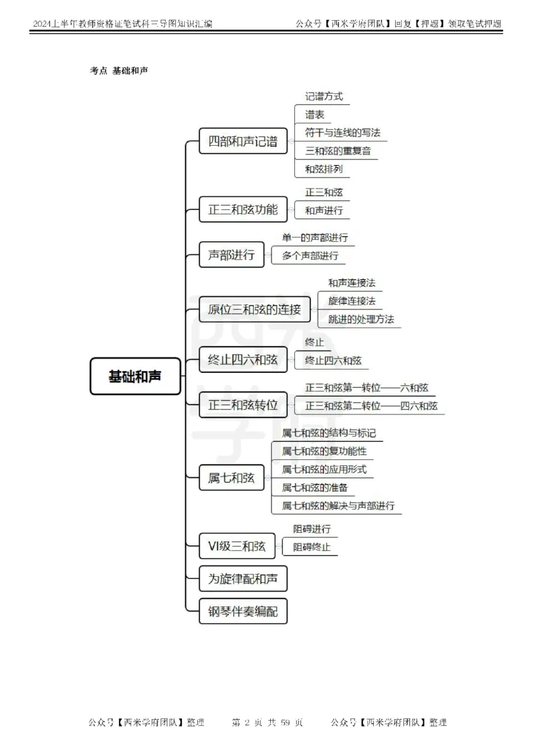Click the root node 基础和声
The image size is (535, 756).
(x=135, y=376)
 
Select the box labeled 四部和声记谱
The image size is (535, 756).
(x=243, y=141)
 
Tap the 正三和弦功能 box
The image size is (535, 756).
(x=243, y=209)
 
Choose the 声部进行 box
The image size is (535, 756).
(x=231, y=255)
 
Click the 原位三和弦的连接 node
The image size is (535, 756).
(x=255, y=309)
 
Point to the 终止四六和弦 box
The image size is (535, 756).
(x=243, y=359)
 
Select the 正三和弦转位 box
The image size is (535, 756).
(x=243, y=404)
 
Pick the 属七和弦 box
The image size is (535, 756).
(x=231, y=477)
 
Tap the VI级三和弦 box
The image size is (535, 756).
(x=237, y=546)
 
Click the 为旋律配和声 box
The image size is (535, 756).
(x=243, y=579)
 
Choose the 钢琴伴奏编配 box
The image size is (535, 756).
(x=243, y=611)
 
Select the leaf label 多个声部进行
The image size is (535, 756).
(x=310, y=255)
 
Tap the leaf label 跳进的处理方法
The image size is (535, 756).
(x=361, y=319)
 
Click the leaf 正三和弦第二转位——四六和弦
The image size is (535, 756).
(x=371, y=406)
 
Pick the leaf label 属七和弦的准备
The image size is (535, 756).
(x=314, y=487)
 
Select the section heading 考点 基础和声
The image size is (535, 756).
(x=118, y=70)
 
